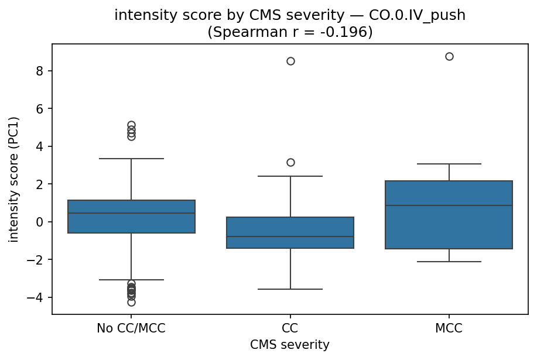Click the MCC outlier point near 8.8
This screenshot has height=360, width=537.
click(x=449, y=57)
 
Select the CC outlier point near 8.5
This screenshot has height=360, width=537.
click(x=290, y=61)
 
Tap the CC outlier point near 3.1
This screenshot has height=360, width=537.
click(x=290, y=162)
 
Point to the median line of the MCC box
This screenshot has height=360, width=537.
click(x=449, y=205)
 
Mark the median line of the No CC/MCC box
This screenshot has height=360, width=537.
click(x=131, y=213)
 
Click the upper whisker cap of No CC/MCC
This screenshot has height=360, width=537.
click(x=131, y=159)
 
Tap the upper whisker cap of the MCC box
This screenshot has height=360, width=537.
click(x=449, y=164)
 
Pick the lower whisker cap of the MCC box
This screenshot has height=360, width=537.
click(x=449, y=262)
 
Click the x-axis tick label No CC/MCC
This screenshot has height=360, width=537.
click(x=131, y=328)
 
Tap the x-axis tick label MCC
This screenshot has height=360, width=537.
click(x=449, y=328)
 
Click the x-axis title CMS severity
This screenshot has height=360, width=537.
click(x=290, y=345)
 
